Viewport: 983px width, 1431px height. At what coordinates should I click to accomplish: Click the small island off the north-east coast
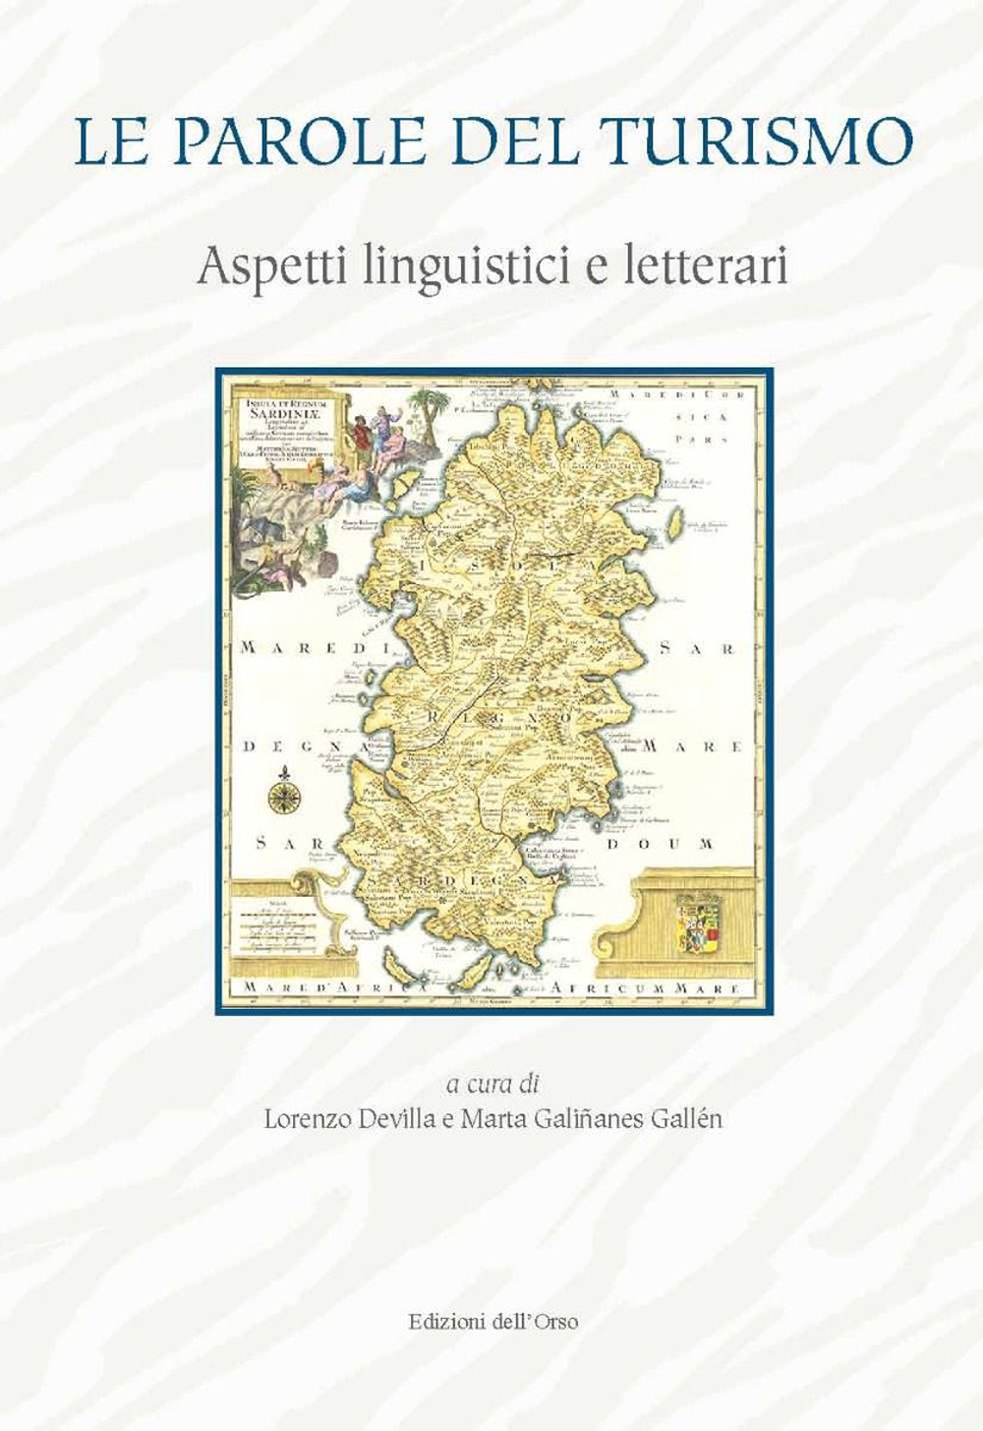click(674, 519)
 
